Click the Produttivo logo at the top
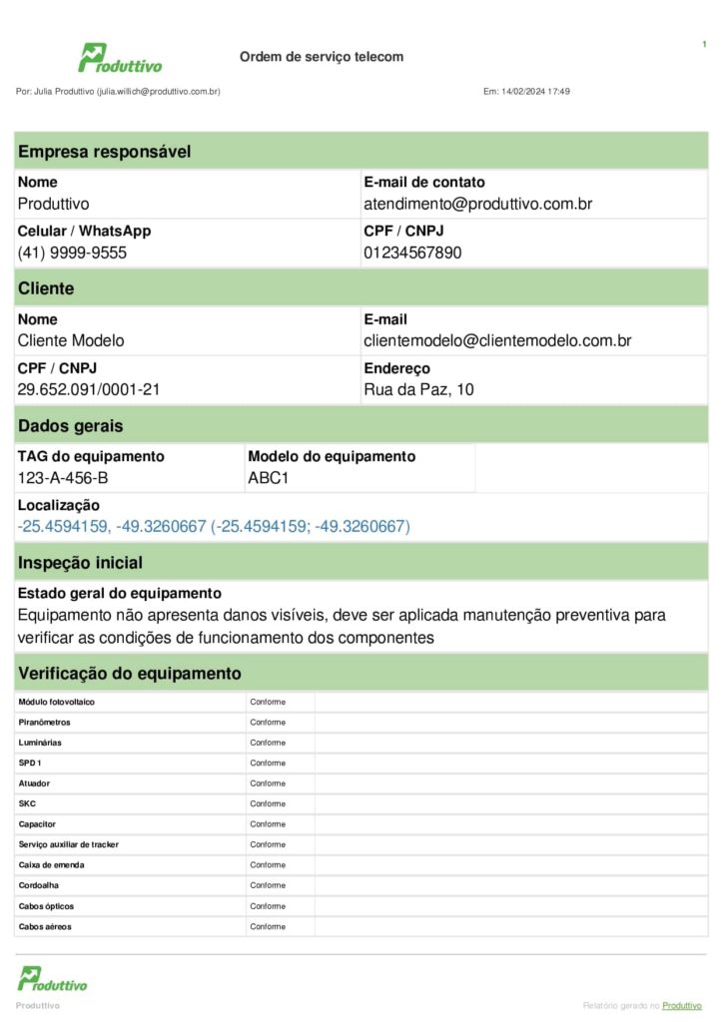120,57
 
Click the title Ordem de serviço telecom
322,57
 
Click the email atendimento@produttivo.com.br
477,204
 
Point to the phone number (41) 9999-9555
72,253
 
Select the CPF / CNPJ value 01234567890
412,253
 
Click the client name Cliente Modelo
71,340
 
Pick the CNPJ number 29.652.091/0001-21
89,389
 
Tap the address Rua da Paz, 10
418,389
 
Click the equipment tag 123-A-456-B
63,477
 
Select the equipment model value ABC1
268,477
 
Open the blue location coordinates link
214,526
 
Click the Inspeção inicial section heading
80,563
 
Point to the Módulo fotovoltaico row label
57,702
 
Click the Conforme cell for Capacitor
268,824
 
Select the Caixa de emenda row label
52,865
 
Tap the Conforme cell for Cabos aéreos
268,926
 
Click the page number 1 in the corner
703,44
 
